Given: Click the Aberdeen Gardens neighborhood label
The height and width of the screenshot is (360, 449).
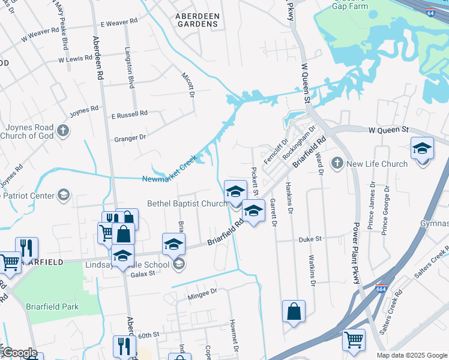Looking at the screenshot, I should [x=197, y=20].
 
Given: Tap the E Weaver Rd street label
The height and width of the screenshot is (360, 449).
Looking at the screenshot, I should [x=119, y=23].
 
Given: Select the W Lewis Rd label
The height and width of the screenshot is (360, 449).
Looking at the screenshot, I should [x=75, y=59].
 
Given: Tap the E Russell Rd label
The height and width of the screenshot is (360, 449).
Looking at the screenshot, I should [x=129, y=113].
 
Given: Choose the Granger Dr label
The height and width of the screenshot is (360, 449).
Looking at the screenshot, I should [x=130, y=138].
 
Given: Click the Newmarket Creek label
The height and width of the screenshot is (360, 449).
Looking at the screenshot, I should [x=170, y=178].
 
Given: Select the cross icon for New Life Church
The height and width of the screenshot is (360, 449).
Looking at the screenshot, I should [x=337, y=163].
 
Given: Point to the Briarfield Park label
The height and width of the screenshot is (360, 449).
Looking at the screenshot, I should [x=52, y=306].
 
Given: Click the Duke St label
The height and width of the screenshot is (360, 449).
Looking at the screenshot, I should [x=311, y=238].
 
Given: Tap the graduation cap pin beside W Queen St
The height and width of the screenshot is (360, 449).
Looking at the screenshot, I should [x=422, y=148].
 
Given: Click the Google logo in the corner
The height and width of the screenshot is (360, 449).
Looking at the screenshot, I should [x=20, y=353].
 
